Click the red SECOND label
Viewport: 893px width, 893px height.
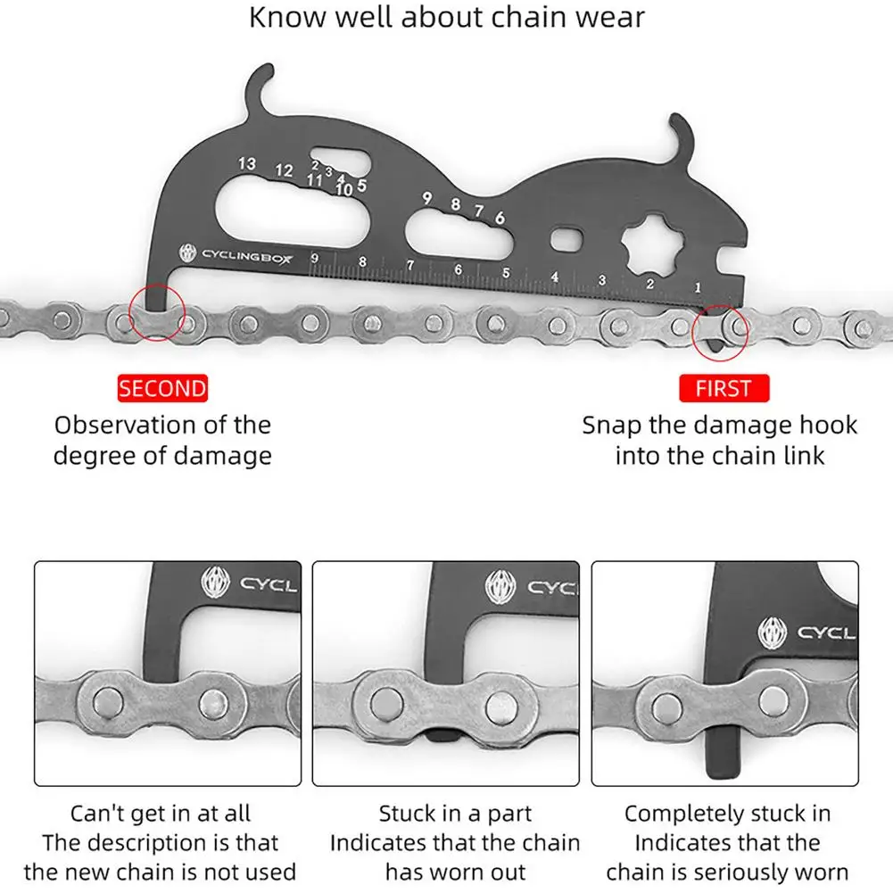[162, 388]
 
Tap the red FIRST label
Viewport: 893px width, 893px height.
[723, 388]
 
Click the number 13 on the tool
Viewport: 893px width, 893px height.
[246, 163]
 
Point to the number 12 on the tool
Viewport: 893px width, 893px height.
[284, 170]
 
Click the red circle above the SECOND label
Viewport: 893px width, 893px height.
[157, 312]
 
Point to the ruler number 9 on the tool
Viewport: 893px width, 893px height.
[315, 259]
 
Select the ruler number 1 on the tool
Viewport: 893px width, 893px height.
[697, 287]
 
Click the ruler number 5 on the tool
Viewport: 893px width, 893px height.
[506, 273]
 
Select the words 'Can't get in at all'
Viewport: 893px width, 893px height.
[161, 814]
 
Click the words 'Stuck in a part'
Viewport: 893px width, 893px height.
[455, 814]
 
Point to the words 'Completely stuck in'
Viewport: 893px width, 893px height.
[728, 814]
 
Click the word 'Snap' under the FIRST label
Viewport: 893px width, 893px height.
[611, 426]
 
